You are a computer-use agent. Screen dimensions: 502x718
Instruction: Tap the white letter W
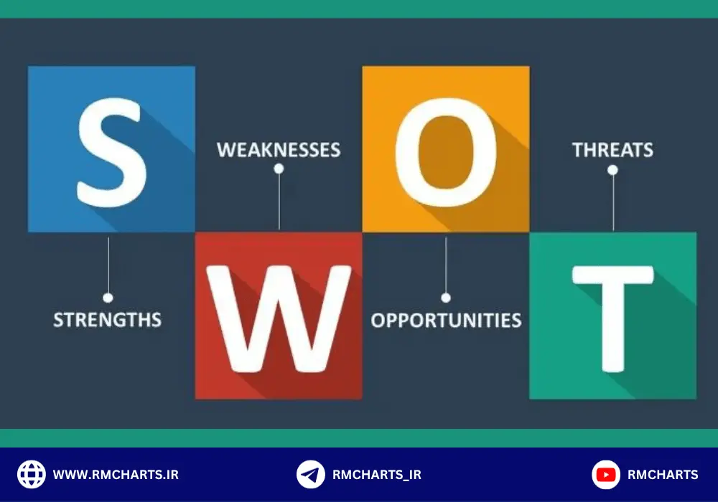[x=279, y=316]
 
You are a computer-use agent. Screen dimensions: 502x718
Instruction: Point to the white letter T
[x=612, y=316]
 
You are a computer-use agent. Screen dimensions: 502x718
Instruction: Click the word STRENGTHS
[x=108, y=319]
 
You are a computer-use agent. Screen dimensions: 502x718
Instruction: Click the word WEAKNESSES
[x=279, y=150]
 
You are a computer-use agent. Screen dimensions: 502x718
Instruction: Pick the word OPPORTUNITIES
[x=446, y=320]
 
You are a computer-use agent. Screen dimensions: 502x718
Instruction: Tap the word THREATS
[x=612, y=150]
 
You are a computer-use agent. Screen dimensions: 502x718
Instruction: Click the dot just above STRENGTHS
[x=108, y=297]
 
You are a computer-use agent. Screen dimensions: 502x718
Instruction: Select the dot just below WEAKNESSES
[x=279, y=169]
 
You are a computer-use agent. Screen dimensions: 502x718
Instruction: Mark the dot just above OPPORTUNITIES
[x=446, y=297]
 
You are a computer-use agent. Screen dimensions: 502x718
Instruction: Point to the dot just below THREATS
[x=612, y=170]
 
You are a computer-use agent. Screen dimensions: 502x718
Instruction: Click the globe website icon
[x=31, y=475]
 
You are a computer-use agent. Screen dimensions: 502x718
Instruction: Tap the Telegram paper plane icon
[x=310, y=475]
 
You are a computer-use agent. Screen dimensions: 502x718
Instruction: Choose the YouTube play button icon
[x=606, y=475]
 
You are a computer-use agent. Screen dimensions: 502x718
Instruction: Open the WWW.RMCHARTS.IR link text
[x=116, y=475]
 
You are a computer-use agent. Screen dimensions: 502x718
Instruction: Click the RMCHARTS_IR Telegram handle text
[x=377, y=475]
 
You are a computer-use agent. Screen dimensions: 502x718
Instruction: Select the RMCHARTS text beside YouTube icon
[x=663, y=475]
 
